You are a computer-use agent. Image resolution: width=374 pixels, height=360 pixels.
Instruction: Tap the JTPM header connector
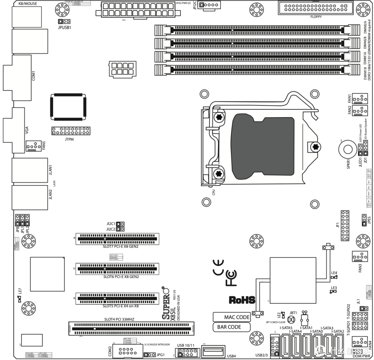point(70,131)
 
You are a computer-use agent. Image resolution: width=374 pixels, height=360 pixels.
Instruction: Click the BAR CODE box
point(229,327)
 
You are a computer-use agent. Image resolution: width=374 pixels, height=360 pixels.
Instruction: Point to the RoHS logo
point(241,299)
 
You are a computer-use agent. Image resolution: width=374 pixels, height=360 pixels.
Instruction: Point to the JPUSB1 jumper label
point(65,27)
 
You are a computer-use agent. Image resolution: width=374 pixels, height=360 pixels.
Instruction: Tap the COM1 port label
point(33,75)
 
